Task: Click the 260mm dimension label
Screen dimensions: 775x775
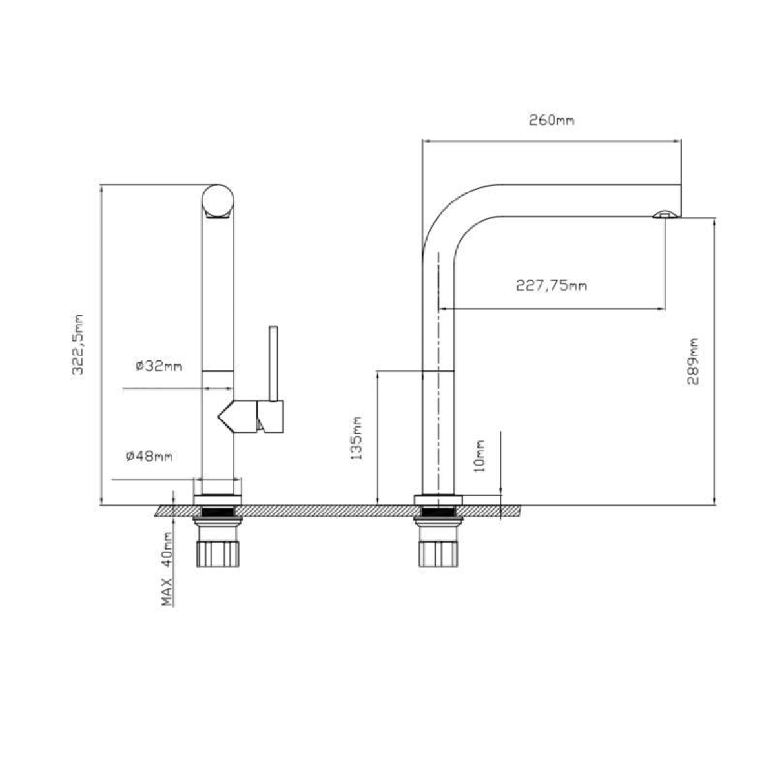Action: point(552,120)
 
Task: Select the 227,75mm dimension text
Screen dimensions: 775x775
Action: point(552,285)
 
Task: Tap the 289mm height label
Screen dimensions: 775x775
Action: point(693,362)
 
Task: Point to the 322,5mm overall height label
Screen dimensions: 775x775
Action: point(77,345)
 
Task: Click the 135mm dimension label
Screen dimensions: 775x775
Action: point(356,438)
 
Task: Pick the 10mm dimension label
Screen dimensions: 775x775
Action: point(480,456)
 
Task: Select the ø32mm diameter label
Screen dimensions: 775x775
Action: point(159,366)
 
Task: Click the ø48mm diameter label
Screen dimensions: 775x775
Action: point(149,457)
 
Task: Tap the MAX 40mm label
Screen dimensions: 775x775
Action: point(167,569)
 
